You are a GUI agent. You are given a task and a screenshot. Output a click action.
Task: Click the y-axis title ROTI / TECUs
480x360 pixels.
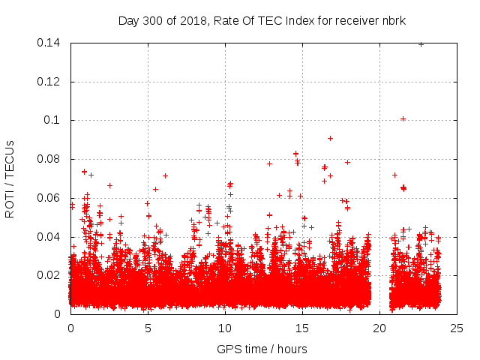click(10, 178)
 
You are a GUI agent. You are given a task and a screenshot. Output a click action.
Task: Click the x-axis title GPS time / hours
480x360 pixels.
click(262, 349)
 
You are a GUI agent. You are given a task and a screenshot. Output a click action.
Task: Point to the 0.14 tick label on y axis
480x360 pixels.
click(49, 43)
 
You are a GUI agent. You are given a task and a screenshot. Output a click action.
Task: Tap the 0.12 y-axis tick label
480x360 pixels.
click(49, 82)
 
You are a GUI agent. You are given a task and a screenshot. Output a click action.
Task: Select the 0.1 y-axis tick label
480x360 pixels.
click(52, 120)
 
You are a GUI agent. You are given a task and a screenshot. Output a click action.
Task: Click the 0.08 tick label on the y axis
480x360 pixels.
click(49, 159)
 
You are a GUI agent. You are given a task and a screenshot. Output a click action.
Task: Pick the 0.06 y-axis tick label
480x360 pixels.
click(49, 198)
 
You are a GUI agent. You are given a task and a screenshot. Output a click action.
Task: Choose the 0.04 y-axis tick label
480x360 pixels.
click(49, 237)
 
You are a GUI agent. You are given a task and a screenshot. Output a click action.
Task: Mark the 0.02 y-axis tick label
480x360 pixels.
click(49, 275)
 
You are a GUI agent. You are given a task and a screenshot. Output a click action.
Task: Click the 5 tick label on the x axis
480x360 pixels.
click(148, 328)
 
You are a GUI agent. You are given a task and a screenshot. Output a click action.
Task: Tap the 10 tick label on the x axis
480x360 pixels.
click(225, 328)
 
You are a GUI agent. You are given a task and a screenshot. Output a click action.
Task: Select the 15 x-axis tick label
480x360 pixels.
click(302, 328)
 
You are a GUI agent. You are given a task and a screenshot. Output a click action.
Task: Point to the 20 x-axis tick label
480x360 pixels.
click(379, 328)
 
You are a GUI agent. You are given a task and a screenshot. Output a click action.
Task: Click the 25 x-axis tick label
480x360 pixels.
click(457, 328)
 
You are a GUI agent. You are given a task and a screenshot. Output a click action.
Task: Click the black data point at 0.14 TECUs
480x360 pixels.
click(421, 44)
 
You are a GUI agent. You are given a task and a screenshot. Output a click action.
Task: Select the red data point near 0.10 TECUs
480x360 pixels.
click(403, 118)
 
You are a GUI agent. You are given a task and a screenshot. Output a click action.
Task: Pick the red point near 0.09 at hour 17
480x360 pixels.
click(330, 138)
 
